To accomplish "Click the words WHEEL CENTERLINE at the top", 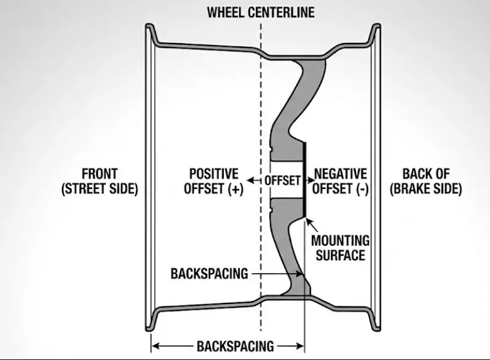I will coord(261,12).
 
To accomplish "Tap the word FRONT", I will coord(100,174).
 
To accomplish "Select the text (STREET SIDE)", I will coord(100,189).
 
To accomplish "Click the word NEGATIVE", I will coord(340,174).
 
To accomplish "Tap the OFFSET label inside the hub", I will coord(283,181).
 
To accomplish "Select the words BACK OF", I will coord(425,174).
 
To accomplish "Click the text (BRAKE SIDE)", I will coord(425,189).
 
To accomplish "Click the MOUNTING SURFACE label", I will coord(341,247).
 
